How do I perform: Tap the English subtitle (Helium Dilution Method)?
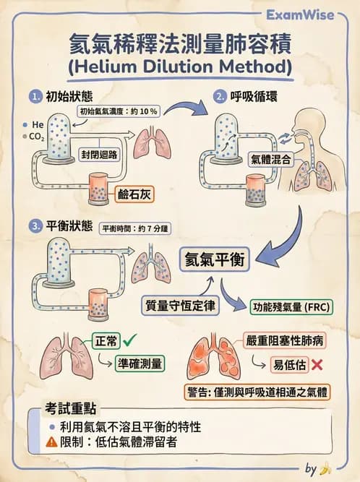[180, 67]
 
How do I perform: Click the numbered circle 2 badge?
[220, 96]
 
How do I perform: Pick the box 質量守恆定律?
[179, 306]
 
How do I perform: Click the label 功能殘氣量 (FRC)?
[290, 306]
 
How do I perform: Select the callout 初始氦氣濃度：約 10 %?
[119, 111]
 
